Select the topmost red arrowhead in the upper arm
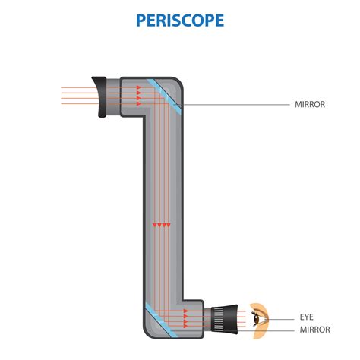click(x=140, y=87)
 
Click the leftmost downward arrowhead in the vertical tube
click(x=154, y=225)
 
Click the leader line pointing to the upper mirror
click(x=235, y=103)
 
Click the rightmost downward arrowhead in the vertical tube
click(x=169, y=225)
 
